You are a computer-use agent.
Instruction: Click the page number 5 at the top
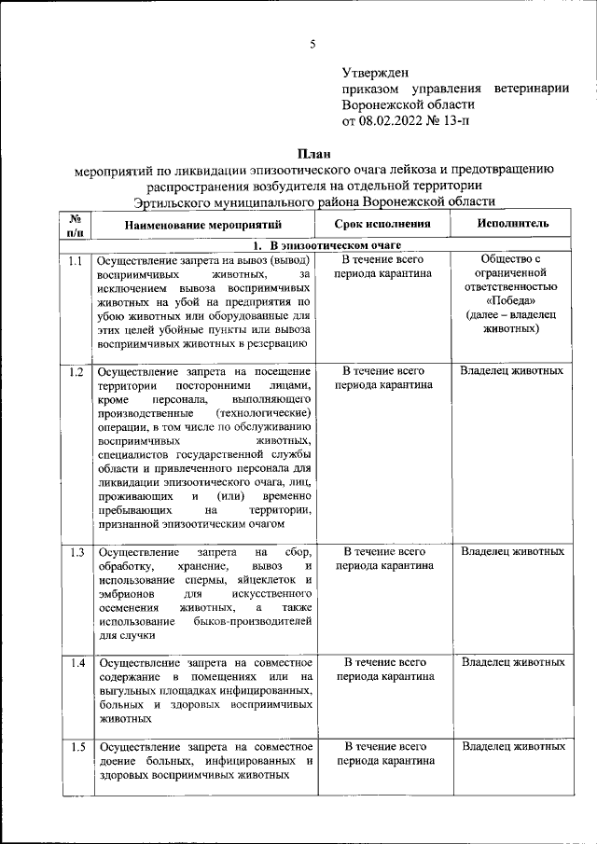[313, 44]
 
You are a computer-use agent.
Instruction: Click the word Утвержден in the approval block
[376, 72]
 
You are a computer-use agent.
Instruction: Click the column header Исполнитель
[512, 225]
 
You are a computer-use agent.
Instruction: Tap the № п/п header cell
[76, 225]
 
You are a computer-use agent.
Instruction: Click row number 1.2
[76, 372]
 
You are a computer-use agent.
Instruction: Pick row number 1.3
[76, 552]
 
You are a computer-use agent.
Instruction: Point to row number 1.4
[76, 663]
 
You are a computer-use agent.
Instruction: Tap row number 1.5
[76, 747]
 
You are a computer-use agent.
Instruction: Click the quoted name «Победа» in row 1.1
[511, 300]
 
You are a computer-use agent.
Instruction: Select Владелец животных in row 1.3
[512, 552]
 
